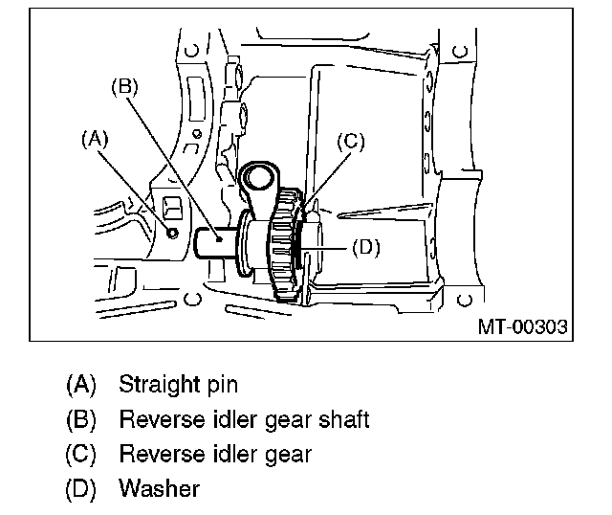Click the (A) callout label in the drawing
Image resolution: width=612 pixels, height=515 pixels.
click(x=94, y=139)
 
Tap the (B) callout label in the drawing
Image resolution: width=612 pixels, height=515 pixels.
click(x=125, y=85)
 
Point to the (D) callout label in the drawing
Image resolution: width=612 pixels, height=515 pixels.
click(x=366, y=247)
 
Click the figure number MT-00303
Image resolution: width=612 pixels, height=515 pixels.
click(x=522, y=327)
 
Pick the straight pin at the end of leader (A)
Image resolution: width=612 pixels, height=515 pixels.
click(x=173, y=233)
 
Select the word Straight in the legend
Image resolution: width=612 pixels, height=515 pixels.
click(x=158, y=385)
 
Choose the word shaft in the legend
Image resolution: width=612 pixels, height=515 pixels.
click(x=344, y=419)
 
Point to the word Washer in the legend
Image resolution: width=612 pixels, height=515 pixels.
click(x=159, y=488)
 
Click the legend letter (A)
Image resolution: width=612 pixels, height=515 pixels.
click(x=81, y=386)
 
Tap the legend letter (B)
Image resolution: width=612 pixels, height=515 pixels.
click(x=81, y=420)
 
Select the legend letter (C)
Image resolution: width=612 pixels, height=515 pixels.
click(x=81, y=455)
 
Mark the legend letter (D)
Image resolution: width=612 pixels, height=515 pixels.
click(x=81, y=489)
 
